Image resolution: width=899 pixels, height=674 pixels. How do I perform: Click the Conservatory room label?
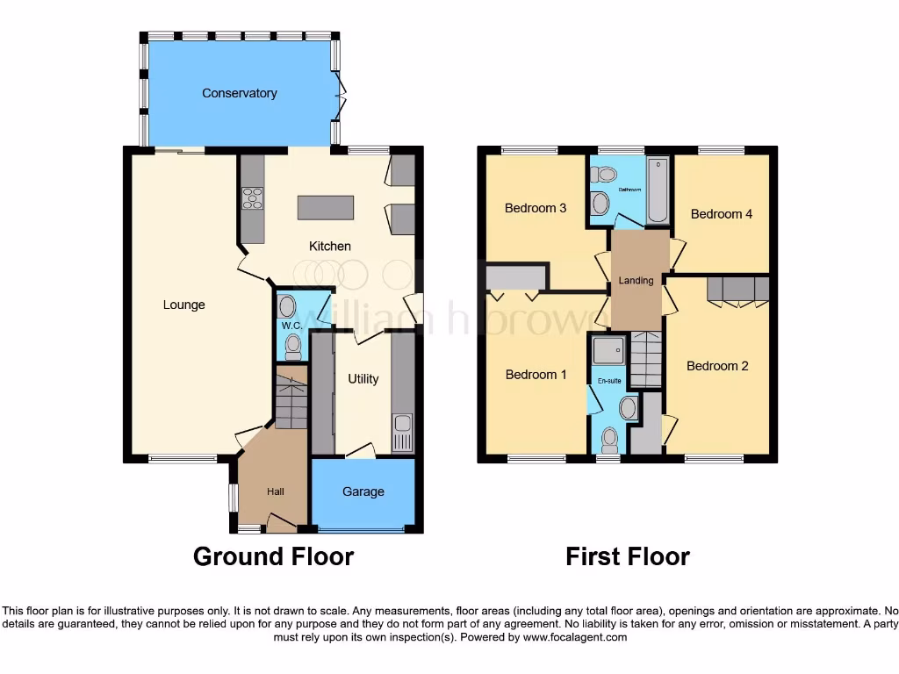pos(239,93)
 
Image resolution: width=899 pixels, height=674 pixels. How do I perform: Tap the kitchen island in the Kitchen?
pos(326,208)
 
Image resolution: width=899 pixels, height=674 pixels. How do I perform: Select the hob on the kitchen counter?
pos(252,199)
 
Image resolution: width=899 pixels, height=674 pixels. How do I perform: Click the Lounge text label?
pos(184,305)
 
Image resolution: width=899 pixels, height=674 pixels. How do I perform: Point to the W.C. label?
pos(291,326)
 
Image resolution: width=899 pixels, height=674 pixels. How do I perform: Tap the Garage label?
pos(363,491)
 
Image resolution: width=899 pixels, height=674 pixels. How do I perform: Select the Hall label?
pos(276,491)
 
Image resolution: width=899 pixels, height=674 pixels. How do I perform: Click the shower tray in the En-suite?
pos(607,352)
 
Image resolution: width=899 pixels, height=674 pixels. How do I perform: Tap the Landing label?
pos(636,281)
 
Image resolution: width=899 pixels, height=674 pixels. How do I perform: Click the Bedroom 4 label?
pos(721,214)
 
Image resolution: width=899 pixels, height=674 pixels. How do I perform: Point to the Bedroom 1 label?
pos(536,375)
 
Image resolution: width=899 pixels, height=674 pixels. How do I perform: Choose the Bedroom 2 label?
pos(717,366)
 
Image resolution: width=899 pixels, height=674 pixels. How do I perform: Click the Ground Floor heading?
pos(273,556)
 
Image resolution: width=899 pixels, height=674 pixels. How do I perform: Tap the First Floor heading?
pos(627,556)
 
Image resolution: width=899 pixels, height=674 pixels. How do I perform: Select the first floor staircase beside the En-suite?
pos(646,360)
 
